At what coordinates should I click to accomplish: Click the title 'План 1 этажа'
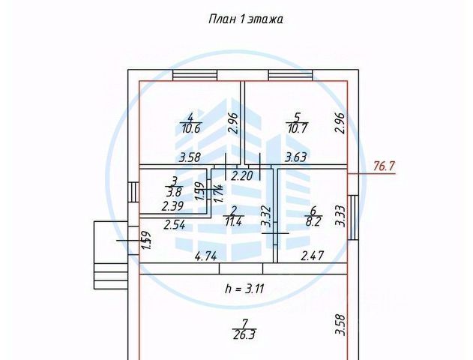(x=244, y=19)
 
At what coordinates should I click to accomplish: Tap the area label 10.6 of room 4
(x=191, y=129)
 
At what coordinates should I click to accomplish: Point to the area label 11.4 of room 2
(x=234, y=222)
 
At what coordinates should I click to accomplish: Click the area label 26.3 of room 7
(x=243, y=336)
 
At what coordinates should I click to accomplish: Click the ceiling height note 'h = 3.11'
(x=244, y=288)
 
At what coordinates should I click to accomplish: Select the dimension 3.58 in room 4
(x=191, y=157)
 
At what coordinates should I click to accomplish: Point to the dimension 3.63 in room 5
(x=297, y=157)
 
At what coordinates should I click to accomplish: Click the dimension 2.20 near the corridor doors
(x=241, y=177)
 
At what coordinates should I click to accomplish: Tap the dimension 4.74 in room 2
(x=207, y=256)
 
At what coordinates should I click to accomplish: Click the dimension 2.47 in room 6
(x=313, y=256)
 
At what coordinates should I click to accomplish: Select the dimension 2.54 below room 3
(x=174, y=224)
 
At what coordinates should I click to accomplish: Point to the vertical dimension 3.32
(x=265, y=217)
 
